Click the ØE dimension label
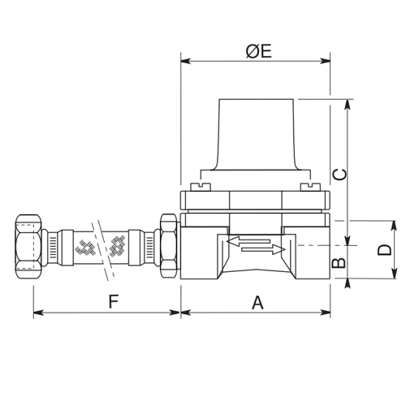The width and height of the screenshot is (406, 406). click(257, 50)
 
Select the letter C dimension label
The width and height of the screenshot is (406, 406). click(342, 173)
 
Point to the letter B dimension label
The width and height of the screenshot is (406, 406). click(342, 261)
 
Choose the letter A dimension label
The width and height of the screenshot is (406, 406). click(257, 302)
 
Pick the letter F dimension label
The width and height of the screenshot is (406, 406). click(115, 302)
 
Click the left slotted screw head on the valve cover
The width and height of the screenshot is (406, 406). click(199, 186)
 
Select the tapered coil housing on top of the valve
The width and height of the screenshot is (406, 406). click(255, 134)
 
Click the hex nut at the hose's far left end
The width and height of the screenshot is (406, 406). click(29, 244)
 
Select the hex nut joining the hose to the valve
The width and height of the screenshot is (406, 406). click(169, 244)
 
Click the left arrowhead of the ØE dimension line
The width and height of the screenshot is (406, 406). click(184, 60)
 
